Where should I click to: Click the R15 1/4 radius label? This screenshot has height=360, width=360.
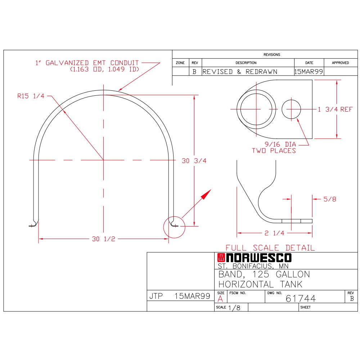coord(31,96)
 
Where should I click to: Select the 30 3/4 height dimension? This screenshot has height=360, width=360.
coord(194,161)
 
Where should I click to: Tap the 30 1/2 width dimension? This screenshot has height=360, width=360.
coord(104,239)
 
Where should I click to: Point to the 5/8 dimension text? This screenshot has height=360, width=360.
coord(330,199)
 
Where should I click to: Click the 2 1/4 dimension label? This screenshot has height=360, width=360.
coord(274,233)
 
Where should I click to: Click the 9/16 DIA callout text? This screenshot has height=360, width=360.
coord(280,144)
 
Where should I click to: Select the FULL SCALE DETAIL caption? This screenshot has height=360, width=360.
coord(270,248)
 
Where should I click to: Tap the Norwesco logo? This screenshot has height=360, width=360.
coord(255,258)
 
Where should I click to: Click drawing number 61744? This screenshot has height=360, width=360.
coord(301,298)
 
